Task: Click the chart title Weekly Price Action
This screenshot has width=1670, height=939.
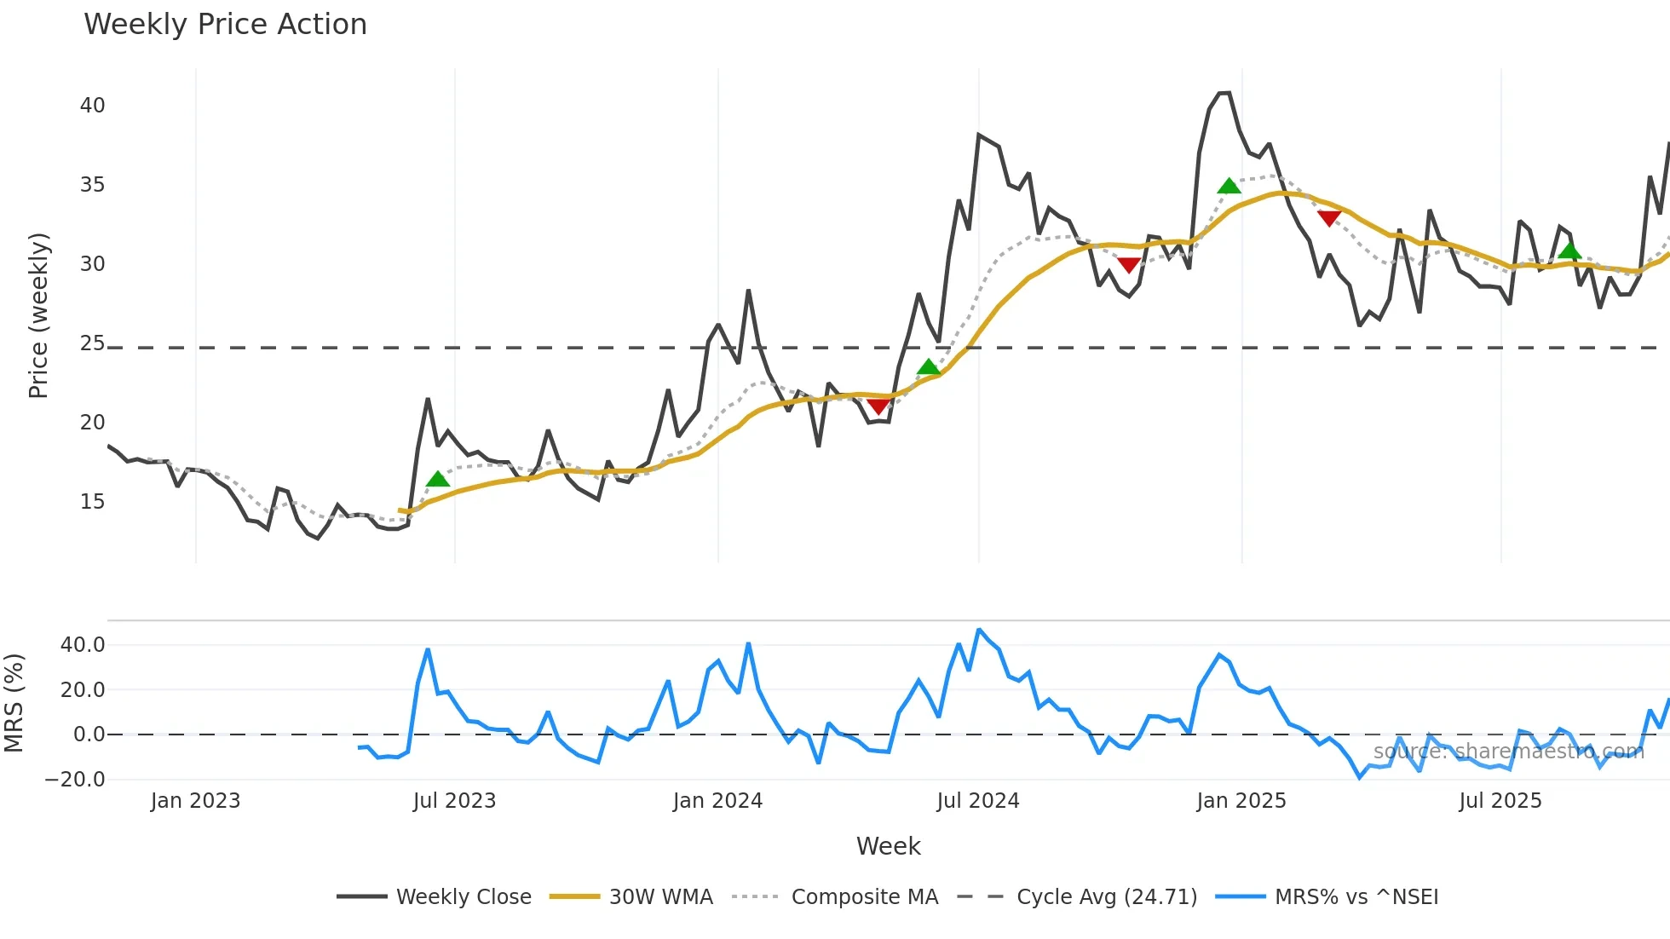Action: pyautogui.click(x=225, y=25)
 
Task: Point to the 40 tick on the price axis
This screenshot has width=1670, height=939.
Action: pyautogui.click(x=92, y=106)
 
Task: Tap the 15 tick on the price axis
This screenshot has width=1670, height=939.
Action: pyautogui.click(x=92, y=502)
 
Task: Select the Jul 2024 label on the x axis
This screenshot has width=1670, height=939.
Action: pyautogui.click(x=977, y=801)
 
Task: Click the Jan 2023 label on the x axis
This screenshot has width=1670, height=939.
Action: pyautogui.click(x=195, y=801)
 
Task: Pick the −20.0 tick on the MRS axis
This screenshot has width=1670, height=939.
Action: pyautogui.click(x=75, y=780)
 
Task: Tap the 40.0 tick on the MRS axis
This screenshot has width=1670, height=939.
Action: pyautogui.click(x=83, y=645)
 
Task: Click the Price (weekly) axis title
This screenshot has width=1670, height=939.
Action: pyautogui.click(x=38, y=315)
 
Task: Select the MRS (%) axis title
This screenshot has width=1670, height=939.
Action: pyautogui.click(x=14, y=703)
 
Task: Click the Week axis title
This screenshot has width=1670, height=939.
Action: pyautogui.click(x=888, y=846)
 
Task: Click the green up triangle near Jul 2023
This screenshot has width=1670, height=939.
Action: pyautogui.click(x=437, y=479)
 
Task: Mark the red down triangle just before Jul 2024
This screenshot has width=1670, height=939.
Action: pyautogui.click(x=878, y=406)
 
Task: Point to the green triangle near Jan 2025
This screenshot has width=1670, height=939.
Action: pyautogui.click(x=1229, y=186)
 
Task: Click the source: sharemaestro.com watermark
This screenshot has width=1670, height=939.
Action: pyautogui.click(x=1508, y=752)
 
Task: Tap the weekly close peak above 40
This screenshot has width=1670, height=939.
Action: pyautogui.click(x=1224, y=93)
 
